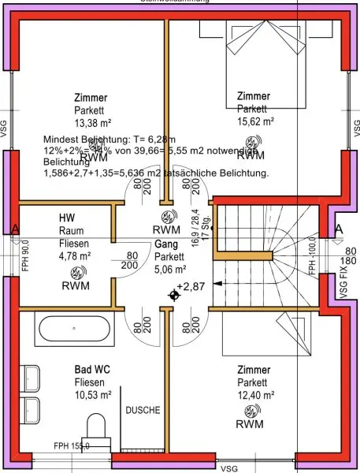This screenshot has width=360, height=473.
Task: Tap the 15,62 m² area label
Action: pos(255,122)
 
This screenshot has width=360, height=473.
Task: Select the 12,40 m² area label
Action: pos(255,396)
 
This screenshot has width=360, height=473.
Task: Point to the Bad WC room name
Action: pos(92,370)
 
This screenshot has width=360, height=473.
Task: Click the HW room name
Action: pos(66,218)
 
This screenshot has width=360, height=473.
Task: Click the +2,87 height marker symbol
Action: pos(173,295)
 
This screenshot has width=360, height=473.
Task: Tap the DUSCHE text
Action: pos(143,411)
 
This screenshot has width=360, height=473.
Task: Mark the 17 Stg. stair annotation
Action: pos(206,227)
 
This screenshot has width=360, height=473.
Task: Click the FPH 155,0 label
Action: pos(72,446)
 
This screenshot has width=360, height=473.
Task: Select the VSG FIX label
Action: pos(343,284)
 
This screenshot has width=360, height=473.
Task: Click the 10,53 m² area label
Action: pos(92,395)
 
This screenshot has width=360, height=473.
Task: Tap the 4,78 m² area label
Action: pos(75,255)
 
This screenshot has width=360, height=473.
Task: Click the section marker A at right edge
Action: pos(339,229)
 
